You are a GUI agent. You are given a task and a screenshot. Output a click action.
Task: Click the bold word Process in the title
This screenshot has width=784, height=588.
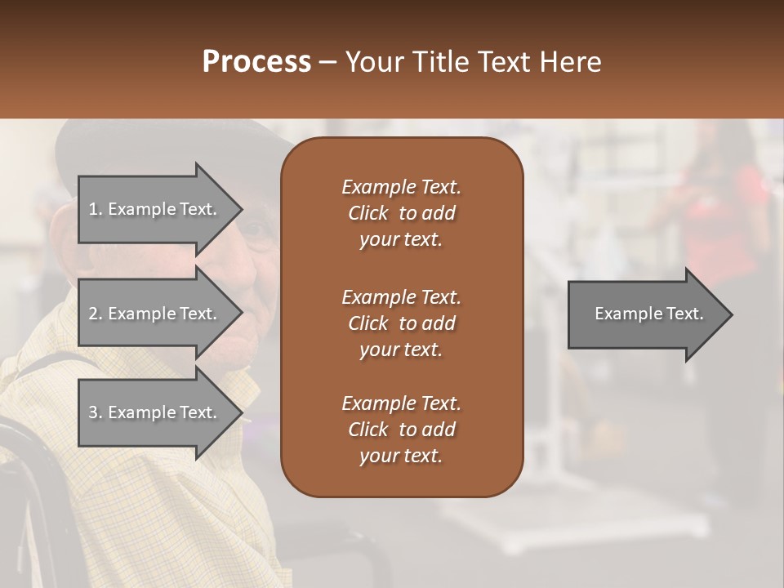coord(256,62)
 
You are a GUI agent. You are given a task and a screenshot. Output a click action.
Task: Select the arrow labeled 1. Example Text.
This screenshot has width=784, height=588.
coord(155,209)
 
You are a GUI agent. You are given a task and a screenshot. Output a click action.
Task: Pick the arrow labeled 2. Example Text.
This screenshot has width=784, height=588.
coord(155,314)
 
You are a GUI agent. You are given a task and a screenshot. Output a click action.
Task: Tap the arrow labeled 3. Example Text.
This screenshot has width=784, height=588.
coord(155,412)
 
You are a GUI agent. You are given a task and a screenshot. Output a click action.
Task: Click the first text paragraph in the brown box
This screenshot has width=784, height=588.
coord(401,213)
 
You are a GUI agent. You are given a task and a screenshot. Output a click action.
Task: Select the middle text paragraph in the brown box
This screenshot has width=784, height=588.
coord(401,323)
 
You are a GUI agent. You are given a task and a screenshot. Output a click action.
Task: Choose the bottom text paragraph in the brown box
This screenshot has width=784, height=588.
coord(401,430)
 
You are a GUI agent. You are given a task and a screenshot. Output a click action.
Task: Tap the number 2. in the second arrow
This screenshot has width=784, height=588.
coord(96,314)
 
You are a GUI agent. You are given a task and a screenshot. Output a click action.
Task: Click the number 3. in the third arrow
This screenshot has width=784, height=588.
coord(96,412)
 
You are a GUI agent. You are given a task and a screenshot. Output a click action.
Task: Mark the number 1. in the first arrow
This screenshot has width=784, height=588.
coord(95,209)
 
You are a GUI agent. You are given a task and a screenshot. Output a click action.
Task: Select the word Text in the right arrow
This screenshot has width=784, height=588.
coord(685,314)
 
